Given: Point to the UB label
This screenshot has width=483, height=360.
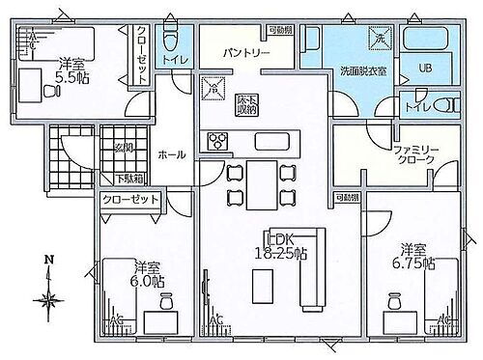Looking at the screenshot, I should click(x=425, y=68).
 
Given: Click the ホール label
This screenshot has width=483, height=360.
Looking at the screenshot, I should click(x=172, y=153).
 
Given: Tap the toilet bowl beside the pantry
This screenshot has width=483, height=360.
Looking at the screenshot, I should click(x=170, y=41).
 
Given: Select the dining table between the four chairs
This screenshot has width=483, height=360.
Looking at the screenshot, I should click(x=260, y=183).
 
